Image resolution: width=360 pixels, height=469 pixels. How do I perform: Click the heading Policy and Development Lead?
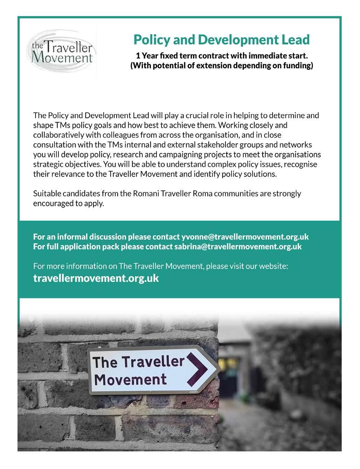(x=221, y=40)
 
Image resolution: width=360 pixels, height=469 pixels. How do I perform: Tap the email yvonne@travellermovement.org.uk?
(x=245, y=236)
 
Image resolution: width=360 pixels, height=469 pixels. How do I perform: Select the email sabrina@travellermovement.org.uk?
(x=238, y=246)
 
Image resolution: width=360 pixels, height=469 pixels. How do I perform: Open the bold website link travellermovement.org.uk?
(x=96, y=278)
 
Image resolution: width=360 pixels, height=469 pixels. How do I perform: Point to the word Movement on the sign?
(x=130, y=379)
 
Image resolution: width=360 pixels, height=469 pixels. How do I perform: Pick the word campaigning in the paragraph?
(x=187, y=154)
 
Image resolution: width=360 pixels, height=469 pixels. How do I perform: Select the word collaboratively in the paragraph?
(x=56, y=135)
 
